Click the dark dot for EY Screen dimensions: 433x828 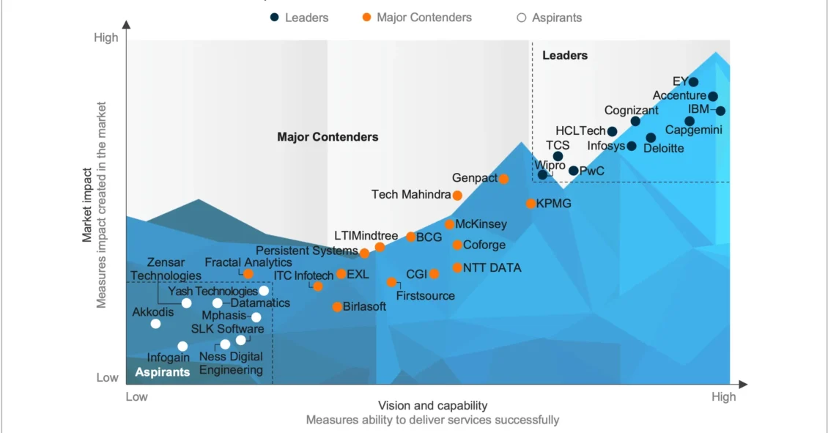pyautogui.click(x=693, y=82)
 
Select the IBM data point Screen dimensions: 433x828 pyautogui.click(x=720, y=111)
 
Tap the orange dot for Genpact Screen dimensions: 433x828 pyautogui.click(x=503, y=179)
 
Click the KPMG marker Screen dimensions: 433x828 pyautogui.click(x=531, y=204)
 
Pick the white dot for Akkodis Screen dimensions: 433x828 pyautogui.click(x=155, y=324)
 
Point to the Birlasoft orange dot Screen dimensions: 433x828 pyautogui.click(x=337, y=307)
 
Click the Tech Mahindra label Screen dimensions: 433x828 pyautogui.click(x=410, y=195)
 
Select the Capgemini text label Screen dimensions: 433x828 pyautogui.click(x=693, y=130)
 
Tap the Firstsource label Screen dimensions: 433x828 pyautogui.click(x=425, y=296)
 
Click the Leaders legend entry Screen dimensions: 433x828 pyautogui.click(x=299, y=17)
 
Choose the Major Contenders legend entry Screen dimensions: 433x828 pyautogui.click(x=417, y=17)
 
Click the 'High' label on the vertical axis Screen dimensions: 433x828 pyautogui.click(x=106, y=38)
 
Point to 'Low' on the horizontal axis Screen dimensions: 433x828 pyautogui.click(x=137, y=397)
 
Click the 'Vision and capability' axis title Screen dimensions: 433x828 pyautogui.click(x=432, y=405)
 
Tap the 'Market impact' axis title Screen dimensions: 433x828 pyautogui.click(x=87, y=205)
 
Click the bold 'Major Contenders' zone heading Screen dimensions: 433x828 pyautogui.click(x=328, y=137)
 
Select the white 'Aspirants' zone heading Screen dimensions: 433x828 pyautogui.click(x=162, y=372)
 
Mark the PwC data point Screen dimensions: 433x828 pyautogui.click(x=574, y=171)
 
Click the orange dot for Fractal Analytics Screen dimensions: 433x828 pyautogui.click(x=248, y=274)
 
